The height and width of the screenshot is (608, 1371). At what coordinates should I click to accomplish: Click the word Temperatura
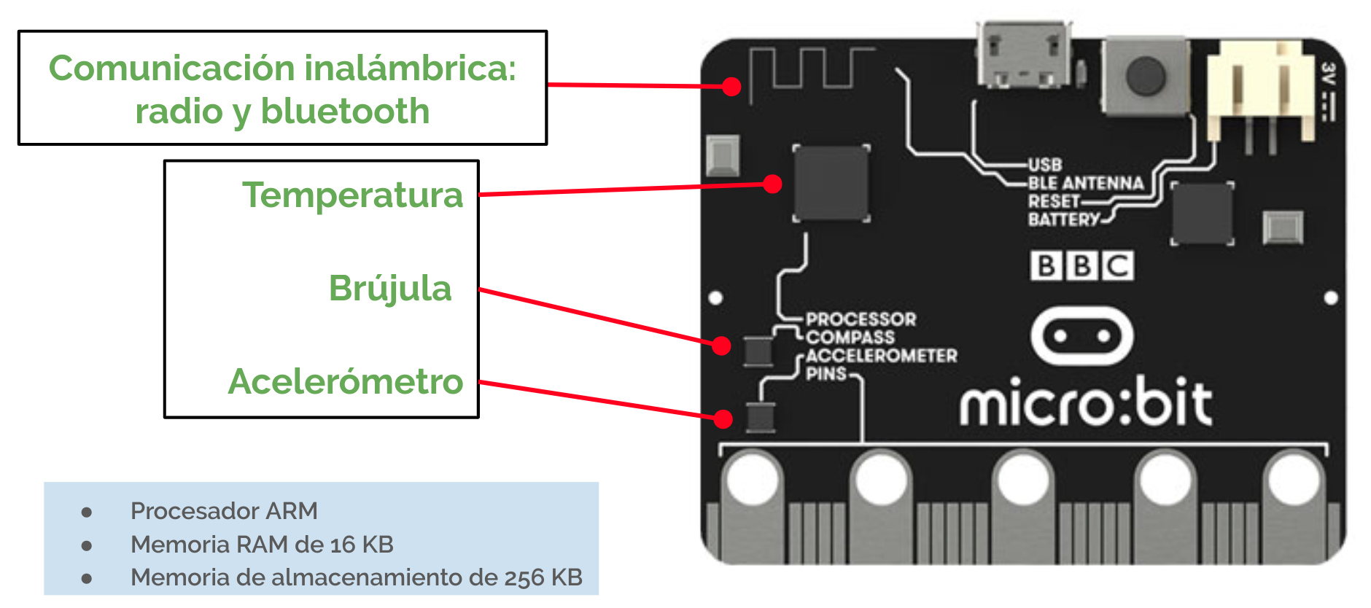pyautogui.click(x=352, y=195)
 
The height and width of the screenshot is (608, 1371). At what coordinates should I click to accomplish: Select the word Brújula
pyautogui.click(x=390, y=288)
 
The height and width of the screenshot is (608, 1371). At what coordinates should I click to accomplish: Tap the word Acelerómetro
pyautogui.click(x=346, y=381)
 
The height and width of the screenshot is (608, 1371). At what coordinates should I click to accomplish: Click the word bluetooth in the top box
pyautogui.click(x=345, y=112)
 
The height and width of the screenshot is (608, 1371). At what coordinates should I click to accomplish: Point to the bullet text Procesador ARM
pyautogui.click(x=224, y=511)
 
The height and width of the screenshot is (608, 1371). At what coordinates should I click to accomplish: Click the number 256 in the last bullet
pyautogui.click(x=524, y=577)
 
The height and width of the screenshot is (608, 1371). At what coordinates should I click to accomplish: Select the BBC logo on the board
pyautogui.click(x=1081, y=266)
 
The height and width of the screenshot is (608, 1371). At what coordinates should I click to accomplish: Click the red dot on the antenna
pyautogui.click(x=731, y=87)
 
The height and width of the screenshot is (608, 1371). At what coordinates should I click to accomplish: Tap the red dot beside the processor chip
pyautogui.click(x=772, y=184)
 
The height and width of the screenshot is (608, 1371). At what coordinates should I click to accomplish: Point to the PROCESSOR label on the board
pyautogui.click(x=861, y=319)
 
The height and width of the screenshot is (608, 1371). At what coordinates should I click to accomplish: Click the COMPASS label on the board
pyautogui.click(x=850, y=338)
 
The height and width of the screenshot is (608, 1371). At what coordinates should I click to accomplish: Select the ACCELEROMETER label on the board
pyautogui.click(x=881, y=356)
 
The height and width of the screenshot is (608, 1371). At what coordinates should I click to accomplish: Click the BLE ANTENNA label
pyautogui.click(x=1085, y=183)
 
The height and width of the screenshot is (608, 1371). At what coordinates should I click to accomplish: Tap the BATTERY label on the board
pyautogui.click(x=1063, y=219)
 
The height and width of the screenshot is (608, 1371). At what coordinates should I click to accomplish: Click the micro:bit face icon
pyautogui.click(x=1082, y=336)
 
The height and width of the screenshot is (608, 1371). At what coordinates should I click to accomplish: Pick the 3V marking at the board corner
pyautogui.click(x=1328, y=74)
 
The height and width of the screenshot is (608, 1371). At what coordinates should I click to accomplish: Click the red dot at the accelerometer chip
pyautogui.click(x=723, y=418)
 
